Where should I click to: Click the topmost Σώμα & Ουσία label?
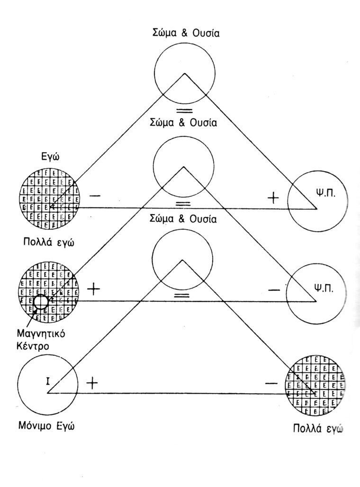tap(184, 34)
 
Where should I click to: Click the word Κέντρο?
tap(41, 344)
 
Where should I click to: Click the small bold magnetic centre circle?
tap(41, 302)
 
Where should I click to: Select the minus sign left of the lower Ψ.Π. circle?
tap(274, 289)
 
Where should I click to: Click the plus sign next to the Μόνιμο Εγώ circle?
tap(91, 383)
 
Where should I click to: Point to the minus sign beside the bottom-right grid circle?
tap(271, 383)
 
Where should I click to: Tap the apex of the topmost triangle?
tap(184, 73)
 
